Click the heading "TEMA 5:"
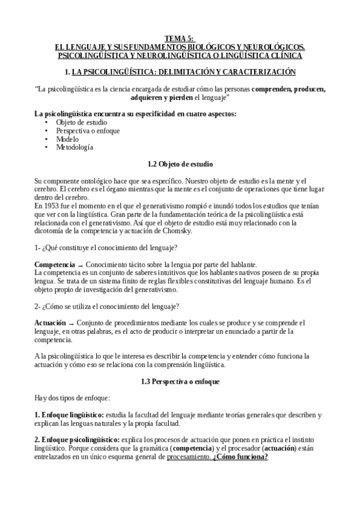[x=180, y=38]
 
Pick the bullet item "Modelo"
[x=67, y=139]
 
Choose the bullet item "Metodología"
[x=75, y=147]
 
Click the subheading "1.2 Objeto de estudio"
[x=180, y=164]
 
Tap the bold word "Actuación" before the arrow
[x=50, y=323]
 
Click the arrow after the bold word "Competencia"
[x=80, y=265]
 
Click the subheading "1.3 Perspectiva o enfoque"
[x=180, y=381]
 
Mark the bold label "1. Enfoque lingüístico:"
[x=69, y=415]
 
